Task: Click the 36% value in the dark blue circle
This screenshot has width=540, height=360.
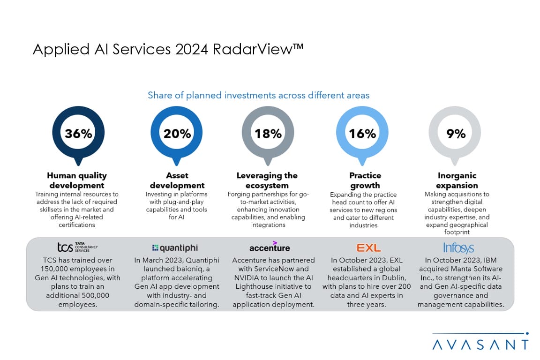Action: coord(78,134)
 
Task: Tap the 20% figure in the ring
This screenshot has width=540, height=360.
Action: coord(177,134)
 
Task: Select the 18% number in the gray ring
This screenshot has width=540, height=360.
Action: coord(268,134)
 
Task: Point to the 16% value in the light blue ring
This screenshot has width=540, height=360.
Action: coord(362,134)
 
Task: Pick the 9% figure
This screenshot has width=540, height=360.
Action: coord(456,134)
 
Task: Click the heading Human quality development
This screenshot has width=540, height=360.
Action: coord(77,180)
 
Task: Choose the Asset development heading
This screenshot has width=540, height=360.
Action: coord(177,180)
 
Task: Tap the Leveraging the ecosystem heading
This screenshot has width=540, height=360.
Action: coord(267,180)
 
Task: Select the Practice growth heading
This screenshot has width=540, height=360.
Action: coord(365,180)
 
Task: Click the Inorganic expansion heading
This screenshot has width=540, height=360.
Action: coord(457,180)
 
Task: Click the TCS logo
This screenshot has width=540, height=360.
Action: coord(77,247)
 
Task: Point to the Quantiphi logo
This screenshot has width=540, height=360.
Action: coord(175,248)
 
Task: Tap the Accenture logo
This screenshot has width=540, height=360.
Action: coord(270,247)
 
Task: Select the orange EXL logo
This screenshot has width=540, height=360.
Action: coord(368,247)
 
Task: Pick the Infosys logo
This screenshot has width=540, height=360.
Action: coord(458,247)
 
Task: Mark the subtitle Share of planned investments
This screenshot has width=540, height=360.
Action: coord(258,95)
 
